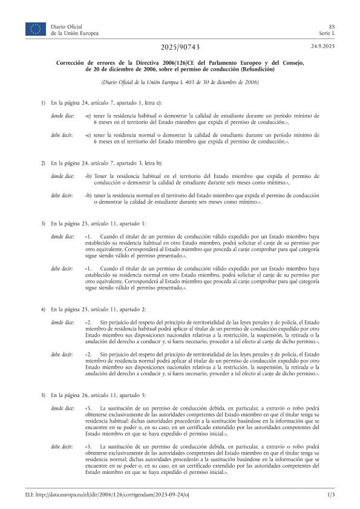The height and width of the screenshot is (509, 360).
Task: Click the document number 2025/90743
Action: coord(180,47)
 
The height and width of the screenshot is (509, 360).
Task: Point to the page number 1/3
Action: coord(331,495)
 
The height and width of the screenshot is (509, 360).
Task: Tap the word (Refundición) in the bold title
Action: coord(256,70)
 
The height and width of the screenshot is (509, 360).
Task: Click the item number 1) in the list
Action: coord(42,103)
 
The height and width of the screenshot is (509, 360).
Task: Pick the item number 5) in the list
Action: coord(42,395)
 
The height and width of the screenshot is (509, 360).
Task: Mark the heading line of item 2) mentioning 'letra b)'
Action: coord(106,163)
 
